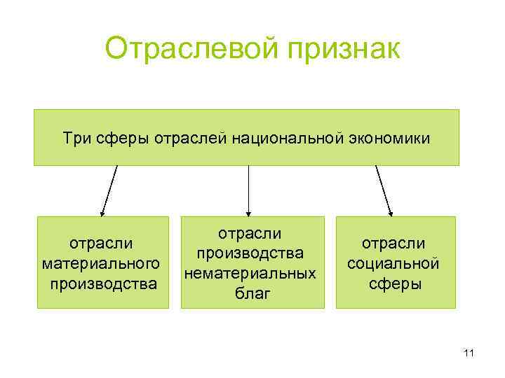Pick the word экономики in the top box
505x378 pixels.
pos(388,137)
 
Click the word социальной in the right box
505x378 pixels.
pos(393,264)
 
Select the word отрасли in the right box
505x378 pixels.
pos(393,244)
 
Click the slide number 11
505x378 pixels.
pos(469,354)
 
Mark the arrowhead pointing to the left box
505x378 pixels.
pos(102,211)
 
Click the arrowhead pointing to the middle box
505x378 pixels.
pos(249,211)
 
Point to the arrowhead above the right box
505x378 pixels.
pos(391,211)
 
